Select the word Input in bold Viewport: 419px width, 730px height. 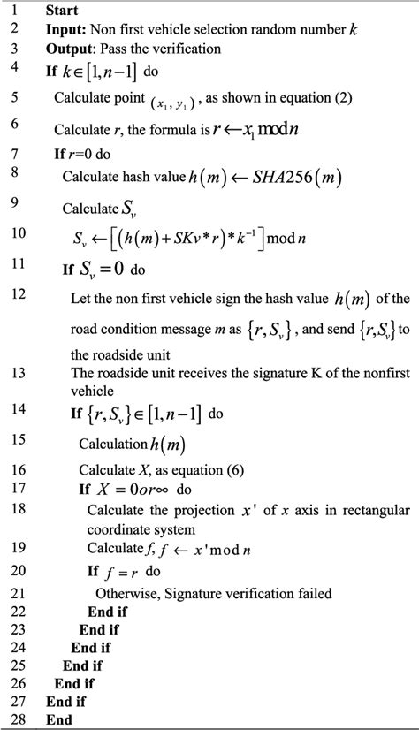pyautogui.click(x=65, y=30)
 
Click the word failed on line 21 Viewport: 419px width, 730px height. pyautogui.click(x=309, y=593)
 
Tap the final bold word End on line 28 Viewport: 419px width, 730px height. pyautogui.click(x=60, y=719)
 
